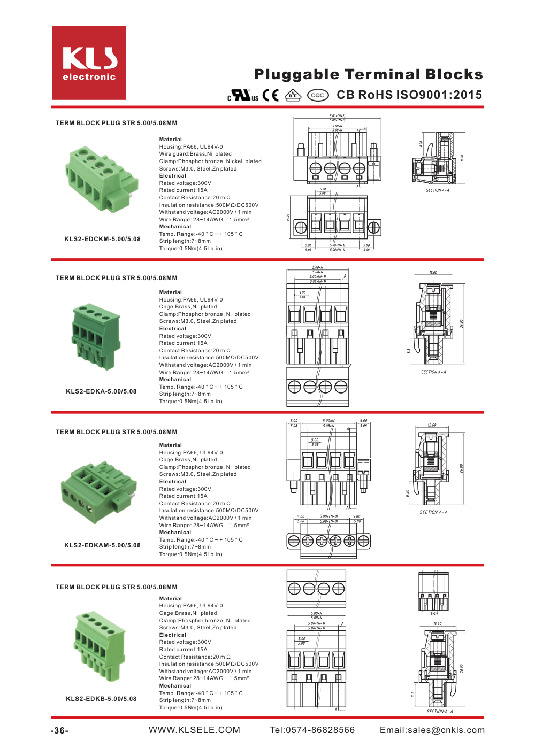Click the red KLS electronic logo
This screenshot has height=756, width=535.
pos(89,63)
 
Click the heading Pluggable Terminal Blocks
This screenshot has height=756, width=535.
pos(368,74)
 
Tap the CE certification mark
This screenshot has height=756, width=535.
pos(271,95)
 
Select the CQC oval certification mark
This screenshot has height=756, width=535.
pos(318,95)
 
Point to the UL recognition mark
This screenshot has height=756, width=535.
pos(243,95)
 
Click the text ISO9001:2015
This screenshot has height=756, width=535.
pos(438,95)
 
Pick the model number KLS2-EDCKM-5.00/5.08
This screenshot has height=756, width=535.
pos(102,239)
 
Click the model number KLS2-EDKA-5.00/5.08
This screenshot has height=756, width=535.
pos(101,391)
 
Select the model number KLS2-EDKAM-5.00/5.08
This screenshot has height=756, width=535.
pos(102,545)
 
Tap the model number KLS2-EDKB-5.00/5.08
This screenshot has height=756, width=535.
pos(101,699)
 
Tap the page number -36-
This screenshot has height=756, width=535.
pos(59,730)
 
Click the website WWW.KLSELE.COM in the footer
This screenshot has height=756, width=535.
pos(194,730)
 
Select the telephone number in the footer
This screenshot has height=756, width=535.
pos(312,730)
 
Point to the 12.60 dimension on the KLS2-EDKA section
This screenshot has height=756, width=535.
pos(433,273)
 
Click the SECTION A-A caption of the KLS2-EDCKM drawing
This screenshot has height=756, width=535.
pos(437,190)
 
